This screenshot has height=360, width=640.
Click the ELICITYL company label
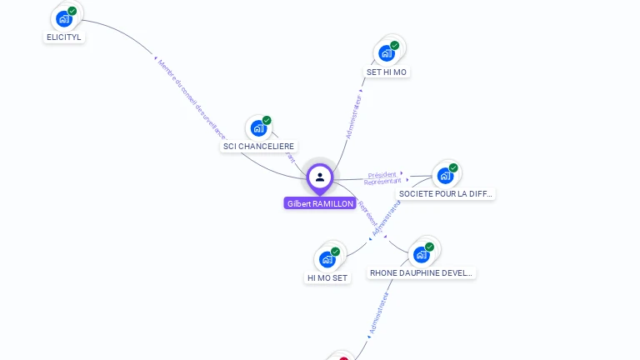point(64,37)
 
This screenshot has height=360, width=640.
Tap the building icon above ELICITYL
point(64,18)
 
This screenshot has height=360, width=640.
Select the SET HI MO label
point(387,72)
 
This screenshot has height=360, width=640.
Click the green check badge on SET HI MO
point(395,45)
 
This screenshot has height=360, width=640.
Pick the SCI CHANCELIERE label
point(259,147)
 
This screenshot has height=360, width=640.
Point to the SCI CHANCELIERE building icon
point(258,128)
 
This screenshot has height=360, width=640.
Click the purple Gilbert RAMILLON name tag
point(320,203)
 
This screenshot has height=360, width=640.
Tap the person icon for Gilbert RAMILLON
point(320,177)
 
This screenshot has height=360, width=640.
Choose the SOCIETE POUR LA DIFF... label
point(445,193)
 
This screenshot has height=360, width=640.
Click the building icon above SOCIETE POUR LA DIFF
point(445,175)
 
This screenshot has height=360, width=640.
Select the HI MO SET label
point(327,278)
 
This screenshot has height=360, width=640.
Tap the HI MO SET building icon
point(327,259)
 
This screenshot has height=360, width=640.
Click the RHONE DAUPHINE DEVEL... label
point(422,272)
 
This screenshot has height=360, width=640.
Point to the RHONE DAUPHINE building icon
point(422,253)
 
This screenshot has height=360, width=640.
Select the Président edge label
point(382,175)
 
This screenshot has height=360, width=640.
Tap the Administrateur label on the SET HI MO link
point(354,116)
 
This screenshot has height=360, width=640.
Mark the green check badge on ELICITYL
point(72,11)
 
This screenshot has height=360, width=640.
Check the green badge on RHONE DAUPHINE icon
point(429,247)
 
